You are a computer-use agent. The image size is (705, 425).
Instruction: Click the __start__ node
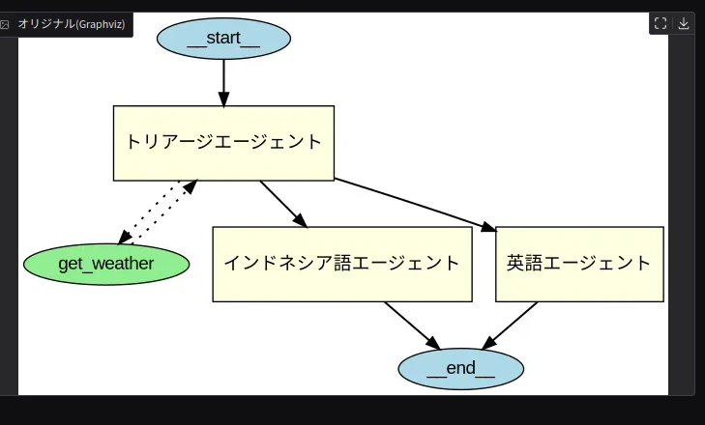[223, 39]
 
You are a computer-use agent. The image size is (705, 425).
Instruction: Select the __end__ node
[461, 369]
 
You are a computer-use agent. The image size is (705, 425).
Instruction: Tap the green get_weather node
[106, 264]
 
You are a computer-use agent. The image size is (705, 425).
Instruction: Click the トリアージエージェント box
[223, 143]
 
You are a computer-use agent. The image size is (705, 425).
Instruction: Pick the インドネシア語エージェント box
[342, 264]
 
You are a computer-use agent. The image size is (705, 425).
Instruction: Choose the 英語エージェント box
[579, 264]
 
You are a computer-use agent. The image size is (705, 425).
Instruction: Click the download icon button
[684, 23]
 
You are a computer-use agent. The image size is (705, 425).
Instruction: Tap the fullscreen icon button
[661, 23]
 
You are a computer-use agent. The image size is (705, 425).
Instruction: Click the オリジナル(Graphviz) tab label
[71, 24]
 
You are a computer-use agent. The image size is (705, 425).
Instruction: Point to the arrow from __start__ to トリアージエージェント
[223, 83]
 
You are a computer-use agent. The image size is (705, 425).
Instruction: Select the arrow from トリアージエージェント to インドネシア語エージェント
[283, 205]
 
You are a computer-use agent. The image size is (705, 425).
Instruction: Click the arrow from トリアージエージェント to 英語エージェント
[416, 205]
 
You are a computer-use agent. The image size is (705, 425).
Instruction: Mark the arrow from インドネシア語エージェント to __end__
[412, 326]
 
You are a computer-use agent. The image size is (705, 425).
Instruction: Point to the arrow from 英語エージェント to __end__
[510, 326]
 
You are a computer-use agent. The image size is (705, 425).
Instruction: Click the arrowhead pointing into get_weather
[125, 237]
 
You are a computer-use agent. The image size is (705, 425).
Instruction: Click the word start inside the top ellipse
[223, 39]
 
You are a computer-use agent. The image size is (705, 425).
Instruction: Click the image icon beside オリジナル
[5, 24]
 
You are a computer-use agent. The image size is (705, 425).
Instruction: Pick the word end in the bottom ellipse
[461, 368]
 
